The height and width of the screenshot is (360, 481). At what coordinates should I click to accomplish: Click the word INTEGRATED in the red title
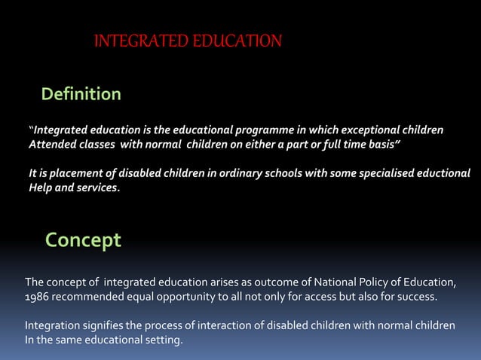(134, 41)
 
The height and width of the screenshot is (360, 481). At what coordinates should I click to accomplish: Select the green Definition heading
(81, 94)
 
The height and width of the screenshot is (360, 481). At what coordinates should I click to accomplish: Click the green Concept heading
(82, 240)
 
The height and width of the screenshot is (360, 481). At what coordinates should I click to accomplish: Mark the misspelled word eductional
(440, 174)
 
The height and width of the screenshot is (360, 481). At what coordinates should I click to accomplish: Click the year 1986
(38, 297)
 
